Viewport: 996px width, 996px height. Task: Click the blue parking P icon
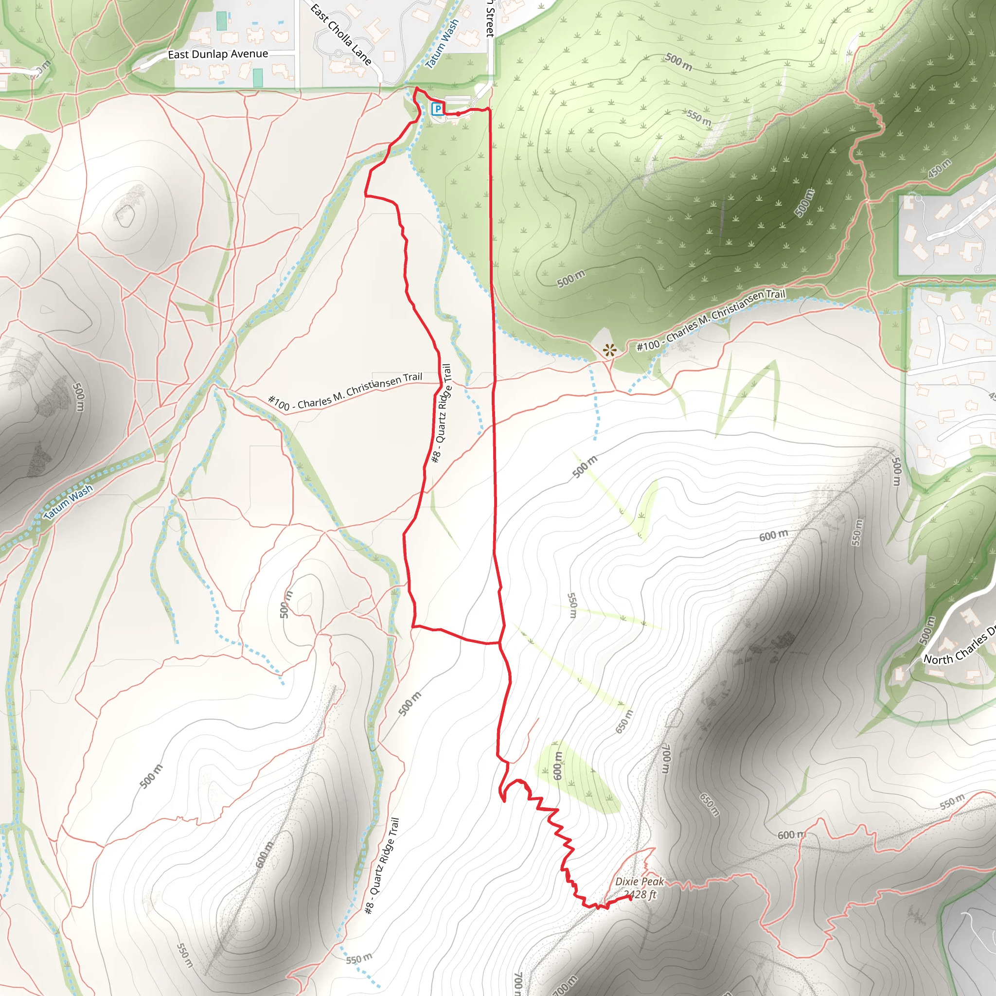pyautogui.click(x=437, y=109)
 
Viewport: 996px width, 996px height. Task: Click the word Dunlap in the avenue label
pyautogui.click(x=210, y=54)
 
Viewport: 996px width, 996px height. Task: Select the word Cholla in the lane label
pyautogui.click(x=341, y=34)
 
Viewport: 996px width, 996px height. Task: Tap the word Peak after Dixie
pyautogui.click(x=653, y=882)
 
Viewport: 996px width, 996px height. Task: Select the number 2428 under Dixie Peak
pyautogui.click(x=635, y=895)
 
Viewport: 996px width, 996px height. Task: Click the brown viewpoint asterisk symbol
pyautogui.click(x=610, y=351)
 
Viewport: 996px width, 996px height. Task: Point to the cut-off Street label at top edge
pyautogui.click(x=490, y=18)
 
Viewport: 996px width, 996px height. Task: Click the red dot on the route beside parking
pyautogui.click(x=458, y=113)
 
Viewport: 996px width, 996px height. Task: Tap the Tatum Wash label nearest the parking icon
pyautogui.click(x=442, y=44)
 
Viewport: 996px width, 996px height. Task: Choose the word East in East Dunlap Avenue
pyautogui.click(x=178, y=54)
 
